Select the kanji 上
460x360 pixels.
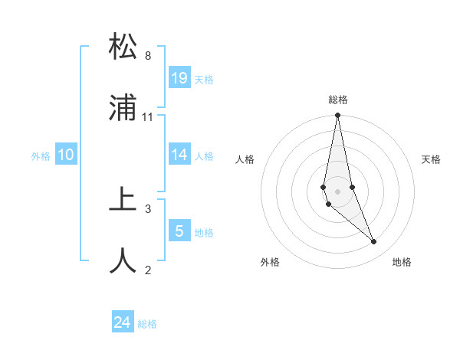[123, 201]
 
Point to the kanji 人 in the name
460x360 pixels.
[123, 261]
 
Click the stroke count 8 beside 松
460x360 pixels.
[148, 56]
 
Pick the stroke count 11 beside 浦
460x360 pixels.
[148, 117]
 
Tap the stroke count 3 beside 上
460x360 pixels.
[148, 208]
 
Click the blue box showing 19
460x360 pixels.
[179, 77]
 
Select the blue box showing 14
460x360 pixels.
[179, 155]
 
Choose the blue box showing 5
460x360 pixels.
[179, 231]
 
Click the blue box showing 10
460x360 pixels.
[66, 155]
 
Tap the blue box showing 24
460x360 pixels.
[123, 323]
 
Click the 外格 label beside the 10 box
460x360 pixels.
[41, 156]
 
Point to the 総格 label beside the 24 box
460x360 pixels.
[147, 324]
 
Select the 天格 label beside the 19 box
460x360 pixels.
[204, 80]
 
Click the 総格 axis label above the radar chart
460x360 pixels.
[338, 100]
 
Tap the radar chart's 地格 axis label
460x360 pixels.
[402, 262]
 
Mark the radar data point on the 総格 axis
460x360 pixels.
[338, 116]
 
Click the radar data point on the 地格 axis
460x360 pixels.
[374, 242]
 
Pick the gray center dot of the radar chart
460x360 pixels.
[338, 191]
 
